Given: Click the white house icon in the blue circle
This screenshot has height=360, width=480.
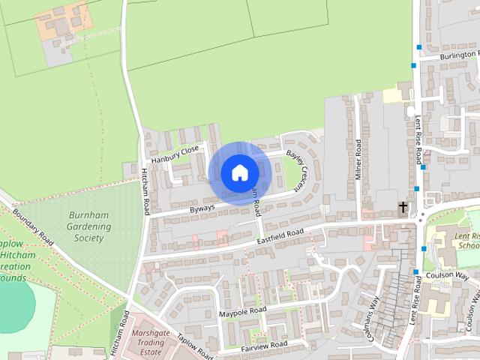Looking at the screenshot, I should pos(239,172).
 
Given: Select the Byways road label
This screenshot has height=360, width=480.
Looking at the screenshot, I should pos(202,207).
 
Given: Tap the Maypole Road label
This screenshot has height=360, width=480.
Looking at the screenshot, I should pos(242,310).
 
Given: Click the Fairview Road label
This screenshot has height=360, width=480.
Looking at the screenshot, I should pos(264,345).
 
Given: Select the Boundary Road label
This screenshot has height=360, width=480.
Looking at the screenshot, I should pos(33,228).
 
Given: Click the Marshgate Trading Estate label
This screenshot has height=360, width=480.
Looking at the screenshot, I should pos(147,341).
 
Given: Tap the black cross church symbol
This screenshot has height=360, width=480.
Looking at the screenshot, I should pos(403,207).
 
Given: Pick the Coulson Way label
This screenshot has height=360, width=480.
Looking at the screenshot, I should pos(447,275).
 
